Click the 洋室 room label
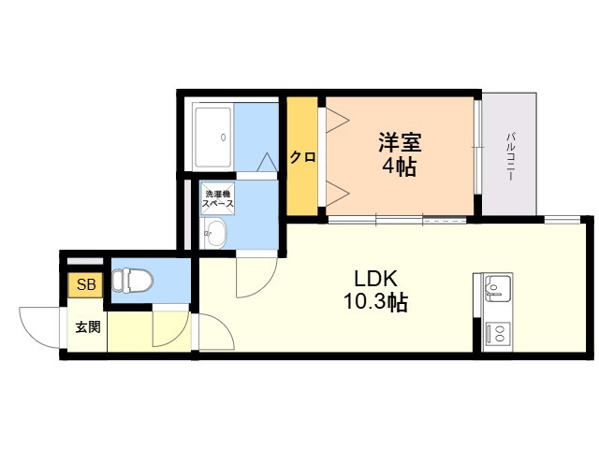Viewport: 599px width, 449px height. (400, 142)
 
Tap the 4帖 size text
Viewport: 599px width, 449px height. (400, 167)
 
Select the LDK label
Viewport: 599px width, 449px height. (376, 279)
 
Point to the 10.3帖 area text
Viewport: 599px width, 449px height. (376, 301)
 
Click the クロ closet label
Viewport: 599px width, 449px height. (302, 157)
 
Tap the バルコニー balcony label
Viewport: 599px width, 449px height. (510, 156)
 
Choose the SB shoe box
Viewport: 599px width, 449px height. (85, 284)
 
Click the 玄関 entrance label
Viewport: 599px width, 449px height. (88, 327)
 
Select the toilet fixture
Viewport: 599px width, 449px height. (133, 281)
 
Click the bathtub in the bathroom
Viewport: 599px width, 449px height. (213, 138)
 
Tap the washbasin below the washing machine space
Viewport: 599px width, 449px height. (215, 233)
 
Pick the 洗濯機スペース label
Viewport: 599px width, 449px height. (218, 198)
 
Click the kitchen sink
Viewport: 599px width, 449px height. (497, 288)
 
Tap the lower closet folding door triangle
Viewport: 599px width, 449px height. (337, 194)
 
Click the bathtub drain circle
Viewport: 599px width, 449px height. (223, 138)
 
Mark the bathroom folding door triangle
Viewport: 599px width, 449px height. (267, 162)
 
